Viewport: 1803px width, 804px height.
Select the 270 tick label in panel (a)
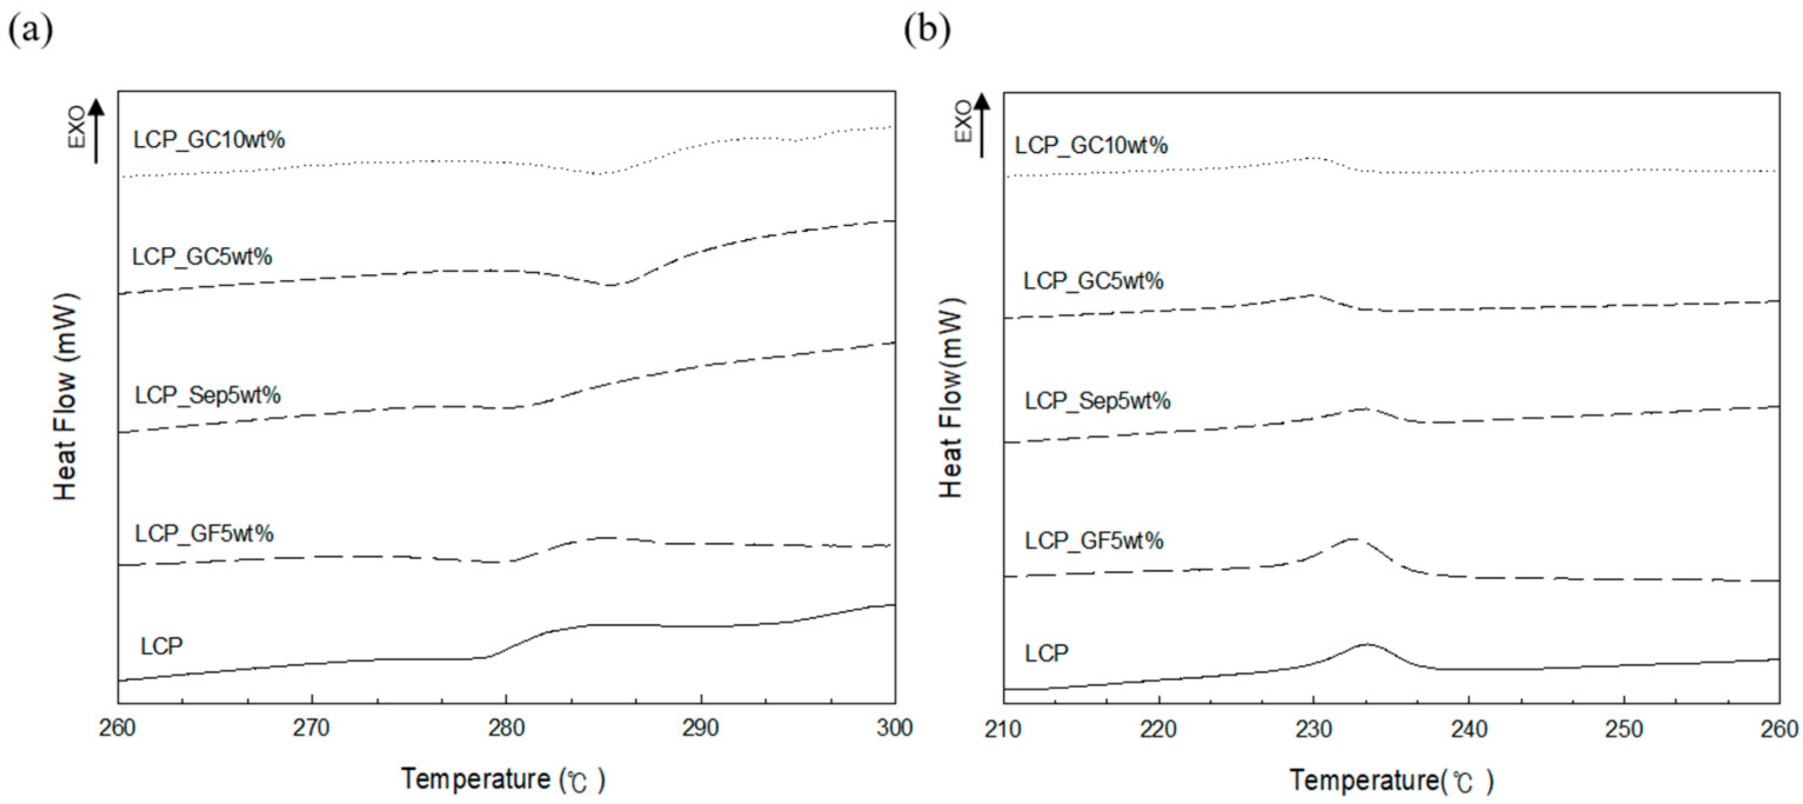point(310,728)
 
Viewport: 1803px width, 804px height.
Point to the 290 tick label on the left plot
point(700,728)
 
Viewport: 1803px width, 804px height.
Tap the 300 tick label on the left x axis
point(894,728)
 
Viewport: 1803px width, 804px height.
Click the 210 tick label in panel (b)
point(1003,730)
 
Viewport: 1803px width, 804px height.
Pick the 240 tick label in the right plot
point(1468,730)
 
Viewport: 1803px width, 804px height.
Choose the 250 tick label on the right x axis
point(1623,730)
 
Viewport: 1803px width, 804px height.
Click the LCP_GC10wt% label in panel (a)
point(209,140)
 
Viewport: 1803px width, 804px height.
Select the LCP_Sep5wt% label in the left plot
point(208,396)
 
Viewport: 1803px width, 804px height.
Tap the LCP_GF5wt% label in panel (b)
point(1094,541)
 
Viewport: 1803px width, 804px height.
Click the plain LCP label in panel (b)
point(1046,654)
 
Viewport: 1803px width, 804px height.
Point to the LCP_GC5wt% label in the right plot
point(1093,282)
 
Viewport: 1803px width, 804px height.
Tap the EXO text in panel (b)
point(963,120)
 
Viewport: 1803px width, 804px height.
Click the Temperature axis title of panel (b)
point(1391,780)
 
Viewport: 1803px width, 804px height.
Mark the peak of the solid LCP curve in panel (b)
point(1366,644)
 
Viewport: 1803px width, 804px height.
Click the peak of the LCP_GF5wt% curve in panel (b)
point(1353,539)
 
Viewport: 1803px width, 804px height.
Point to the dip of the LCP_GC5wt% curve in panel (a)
point(610,285)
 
